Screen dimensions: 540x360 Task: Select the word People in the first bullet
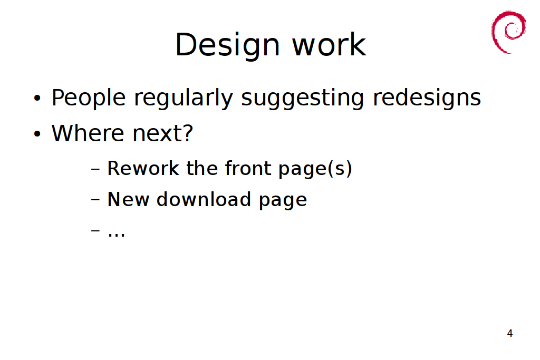click(x=89, y=99)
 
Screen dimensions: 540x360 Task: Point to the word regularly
click(x=184, y=99)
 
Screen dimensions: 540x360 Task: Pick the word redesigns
click(x=427, y=99)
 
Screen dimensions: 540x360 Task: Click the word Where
click(x=88, y=133)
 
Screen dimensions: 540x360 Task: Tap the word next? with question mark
click(x=163, y=133)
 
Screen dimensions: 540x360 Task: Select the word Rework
click(x=143, y=168)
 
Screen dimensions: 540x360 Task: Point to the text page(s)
click(x=315, y=169)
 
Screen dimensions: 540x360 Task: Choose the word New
click(x=128, y=200)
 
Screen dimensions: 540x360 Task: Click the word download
click(x=204, y=200)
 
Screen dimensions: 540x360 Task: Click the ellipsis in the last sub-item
click(x=117, y=236)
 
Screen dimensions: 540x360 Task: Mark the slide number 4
click(x=510, y=333)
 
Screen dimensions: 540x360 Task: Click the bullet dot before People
click(x=37, y=99)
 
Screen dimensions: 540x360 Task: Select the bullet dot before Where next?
click(x=37, y=134)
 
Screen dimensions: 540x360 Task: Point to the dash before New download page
click(x=95, y=200)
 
